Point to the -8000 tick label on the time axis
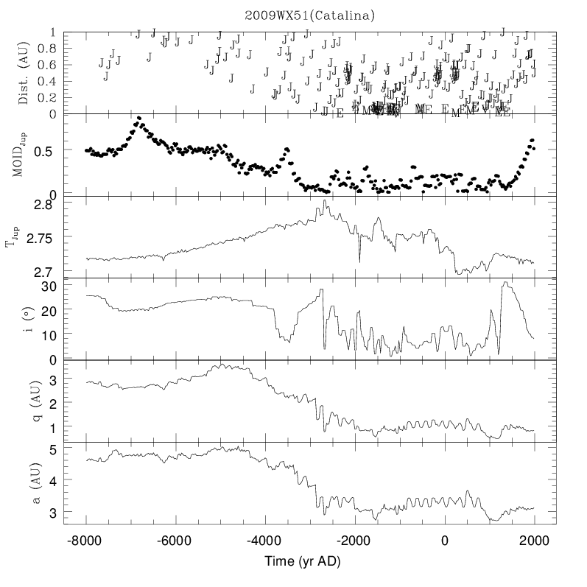pos(86,540)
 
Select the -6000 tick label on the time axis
pos(175,540)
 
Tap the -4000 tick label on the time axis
pos(265,540)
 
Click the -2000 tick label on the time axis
pos(354,540)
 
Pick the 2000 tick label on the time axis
pos(534,540)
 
